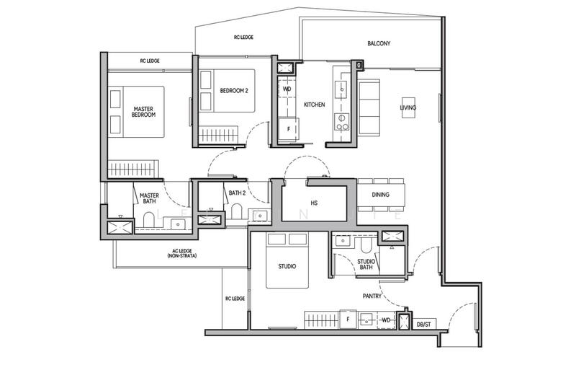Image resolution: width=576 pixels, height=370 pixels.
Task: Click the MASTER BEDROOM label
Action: [x=144, y=111]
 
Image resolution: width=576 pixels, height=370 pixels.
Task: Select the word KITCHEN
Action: [x=314, y=105]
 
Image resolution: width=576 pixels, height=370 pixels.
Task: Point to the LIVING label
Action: [x=408, y=108]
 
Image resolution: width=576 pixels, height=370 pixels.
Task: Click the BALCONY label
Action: [x=379, y=43]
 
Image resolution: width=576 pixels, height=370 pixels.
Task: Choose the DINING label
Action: [x=381, y=194]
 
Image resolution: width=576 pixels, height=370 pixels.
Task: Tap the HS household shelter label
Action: [x=314, y=203]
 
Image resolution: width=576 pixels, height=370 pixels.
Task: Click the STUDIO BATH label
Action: [x=366, y=265]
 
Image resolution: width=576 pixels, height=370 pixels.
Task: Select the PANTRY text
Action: [x=372, y=295]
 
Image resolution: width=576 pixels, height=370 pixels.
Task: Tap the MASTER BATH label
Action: [x=149, y=198]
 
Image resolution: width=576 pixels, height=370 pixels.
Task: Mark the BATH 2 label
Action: [x=238, y=193]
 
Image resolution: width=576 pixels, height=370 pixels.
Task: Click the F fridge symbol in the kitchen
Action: [x=288, y=129]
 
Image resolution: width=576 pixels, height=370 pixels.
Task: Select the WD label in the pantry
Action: [x=386, y=319]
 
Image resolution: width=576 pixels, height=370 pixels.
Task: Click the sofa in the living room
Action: [x=370, y=108]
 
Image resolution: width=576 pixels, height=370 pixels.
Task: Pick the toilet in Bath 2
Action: [x=235, y=211]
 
